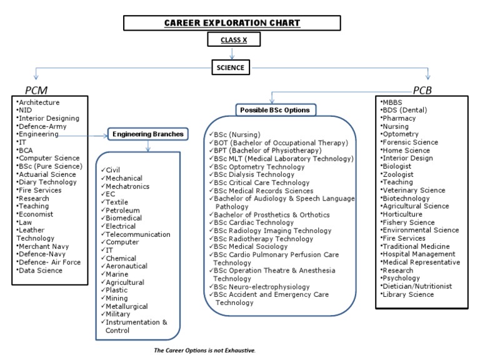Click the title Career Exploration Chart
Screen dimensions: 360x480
[232, 24]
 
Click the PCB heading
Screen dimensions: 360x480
[431, 90]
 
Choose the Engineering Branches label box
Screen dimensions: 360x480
[147, 133]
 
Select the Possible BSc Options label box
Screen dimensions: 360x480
[275, 110]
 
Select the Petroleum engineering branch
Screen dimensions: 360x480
[122, 210]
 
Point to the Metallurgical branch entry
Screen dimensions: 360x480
[127, 306]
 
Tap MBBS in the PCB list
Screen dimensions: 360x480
[394, 101]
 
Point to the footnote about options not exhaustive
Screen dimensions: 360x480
[205, 351]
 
